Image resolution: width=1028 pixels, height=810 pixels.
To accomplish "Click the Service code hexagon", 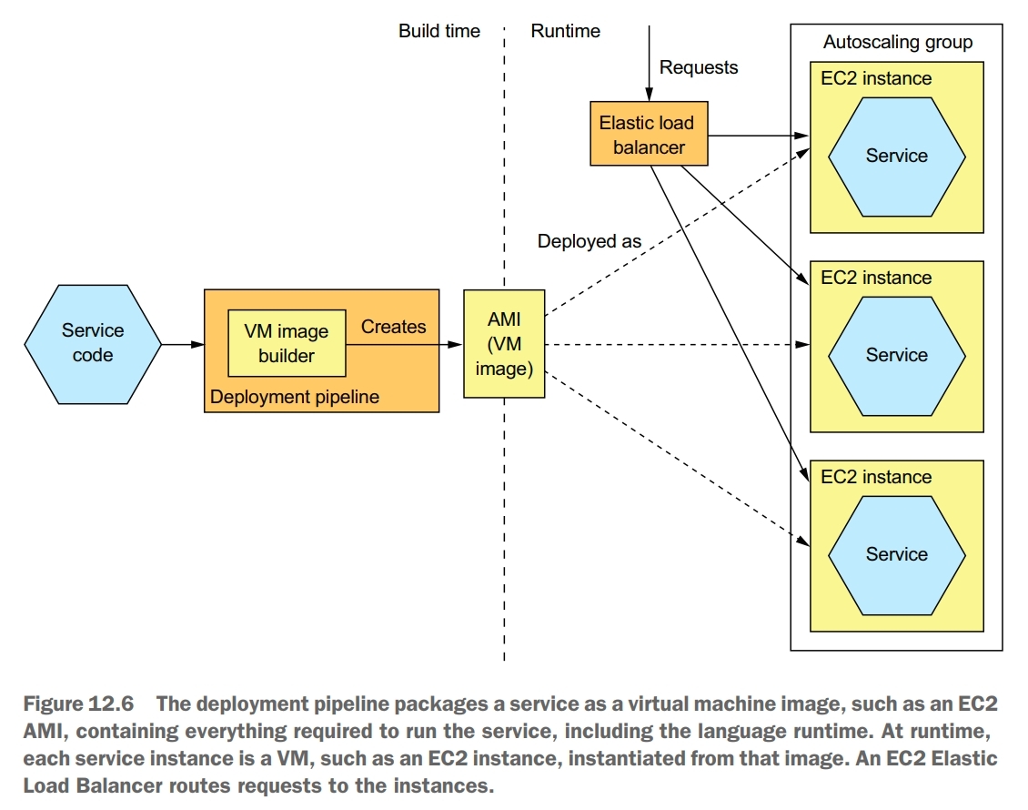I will [93, 343].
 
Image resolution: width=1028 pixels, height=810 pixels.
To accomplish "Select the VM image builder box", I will [287, 343].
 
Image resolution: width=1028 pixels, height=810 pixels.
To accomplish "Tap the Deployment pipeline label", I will [295, 397].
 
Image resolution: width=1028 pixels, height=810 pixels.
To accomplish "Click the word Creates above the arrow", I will [393, 327].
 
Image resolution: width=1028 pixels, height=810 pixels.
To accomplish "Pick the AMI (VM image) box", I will [504, 344].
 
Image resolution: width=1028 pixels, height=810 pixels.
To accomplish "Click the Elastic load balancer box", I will [649, 135].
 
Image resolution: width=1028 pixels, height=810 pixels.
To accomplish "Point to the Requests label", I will [698, 67].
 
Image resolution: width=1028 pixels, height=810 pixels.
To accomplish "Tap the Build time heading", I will [438, 31].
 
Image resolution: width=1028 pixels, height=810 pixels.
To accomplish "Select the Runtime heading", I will [565, 31].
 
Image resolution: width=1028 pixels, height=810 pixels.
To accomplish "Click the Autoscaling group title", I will [897, 42].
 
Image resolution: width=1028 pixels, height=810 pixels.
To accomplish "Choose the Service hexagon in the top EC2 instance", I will [896, 156].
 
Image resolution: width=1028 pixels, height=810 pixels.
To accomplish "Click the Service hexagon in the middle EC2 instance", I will [896, 355].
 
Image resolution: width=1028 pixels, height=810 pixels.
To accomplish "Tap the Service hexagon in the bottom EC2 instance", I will [896, 554].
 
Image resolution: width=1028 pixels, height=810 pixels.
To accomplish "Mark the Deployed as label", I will [589, 241].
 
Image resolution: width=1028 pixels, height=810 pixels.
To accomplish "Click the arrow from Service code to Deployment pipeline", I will [183, 344].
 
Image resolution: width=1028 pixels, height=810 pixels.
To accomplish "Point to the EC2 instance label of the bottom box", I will [876, 477].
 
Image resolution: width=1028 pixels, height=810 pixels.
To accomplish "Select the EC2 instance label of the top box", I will [876, 78].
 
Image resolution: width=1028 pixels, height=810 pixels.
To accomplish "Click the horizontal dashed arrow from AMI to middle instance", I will [673, 345].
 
